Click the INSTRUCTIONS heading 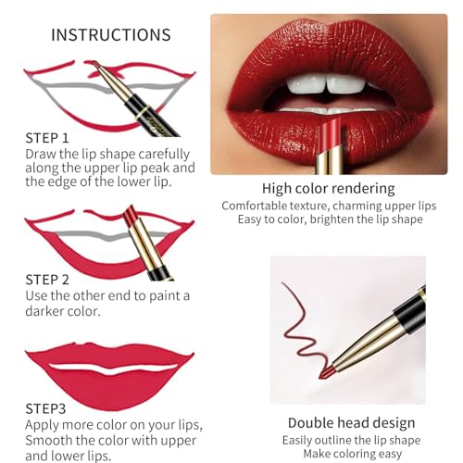[x=110, y=35]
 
